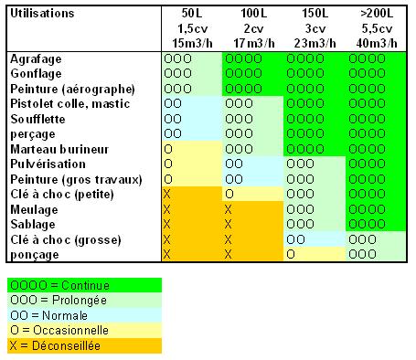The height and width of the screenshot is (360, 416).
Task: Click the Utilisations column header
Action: click(42, 14)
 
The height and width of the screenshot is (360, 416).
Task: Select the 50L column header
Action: click(192, 28)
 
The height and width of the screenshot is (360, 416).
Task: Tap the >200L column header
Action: click(377, 28)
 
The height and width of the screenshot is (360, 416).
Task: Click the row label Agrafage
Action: click(36, 59)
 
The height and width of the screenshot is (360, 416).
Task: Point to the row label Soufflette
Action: click(37, 119)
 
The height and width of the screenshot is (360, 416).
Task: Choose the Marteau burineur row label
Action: click(59, 149)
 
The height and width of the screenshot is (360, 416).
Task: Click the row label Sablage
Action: click(33, 225)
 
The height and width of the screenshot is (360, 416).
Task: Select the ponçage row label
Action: click(35, 255)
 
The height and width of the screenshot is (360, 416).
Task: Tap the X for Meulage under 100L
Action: click(228, 209)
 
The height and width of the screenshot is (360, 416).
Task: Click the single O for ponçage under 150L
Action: click(291, 254)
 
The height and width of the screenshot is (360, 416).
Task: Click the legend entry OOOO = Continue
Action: click(59, 285)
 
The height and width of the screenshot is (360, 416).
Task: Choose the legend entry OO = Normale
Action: click(48, 315)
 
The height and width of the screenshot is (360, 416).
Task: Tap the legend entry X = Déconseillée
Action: click(55, 345)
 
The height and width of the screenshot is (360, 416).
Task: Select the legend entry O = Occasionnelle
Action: click(59, 330)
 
